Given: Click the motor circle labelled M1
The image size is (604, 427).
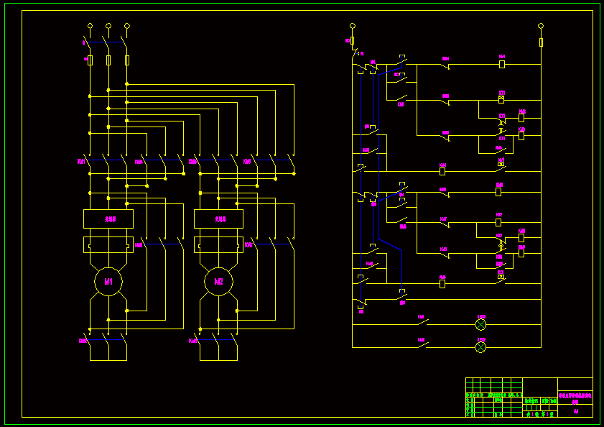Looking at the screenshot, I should [x=108, y=282].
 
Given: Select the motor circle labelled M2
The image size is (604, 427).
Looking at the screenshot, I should [x=218, y=282].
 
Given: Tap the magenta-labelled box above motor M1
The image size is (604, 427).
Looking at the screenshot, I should [x=108, y=219].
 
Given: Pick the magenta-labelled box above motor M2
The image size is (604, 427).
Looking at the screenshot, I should [x=218, y=219].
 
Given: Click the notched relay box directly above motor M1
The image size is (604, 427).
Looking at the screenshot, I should [x=108, y=245].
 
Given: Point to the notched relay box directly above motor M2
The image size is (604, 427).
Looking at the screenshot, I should [x=218, y=245].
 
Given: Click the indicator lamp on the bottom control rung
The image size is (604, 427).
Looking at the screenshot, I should [x=480, y=347].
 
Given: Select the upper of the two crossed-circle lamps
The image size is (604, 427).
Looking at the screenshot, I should [x=480, y=325].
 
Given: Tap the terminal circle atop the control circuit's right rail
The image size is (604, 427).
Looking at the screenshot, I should [x=541, y=26].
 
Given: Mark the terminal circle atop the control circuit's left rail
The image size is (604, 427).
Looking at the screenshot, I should [x=352, y=26].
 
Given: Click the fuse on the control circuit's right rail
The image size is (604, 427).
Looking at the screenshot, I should [x=541, y=42].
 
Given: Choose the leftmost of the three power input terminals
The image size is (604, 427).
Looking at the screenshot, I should [x=90, y=26].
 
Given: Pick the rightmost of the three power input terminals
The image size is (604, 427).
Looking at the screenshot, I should [x=126, y=26].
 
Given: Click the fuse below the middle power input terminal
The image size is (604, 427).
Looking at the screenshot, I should [x=108, y=60].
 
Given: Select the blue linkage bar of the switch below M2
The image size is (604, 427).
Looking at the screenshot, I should [x=217, y=339].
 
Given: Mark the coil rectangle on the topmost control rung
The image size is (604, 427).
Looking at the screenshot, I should [x=502, y=64].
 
